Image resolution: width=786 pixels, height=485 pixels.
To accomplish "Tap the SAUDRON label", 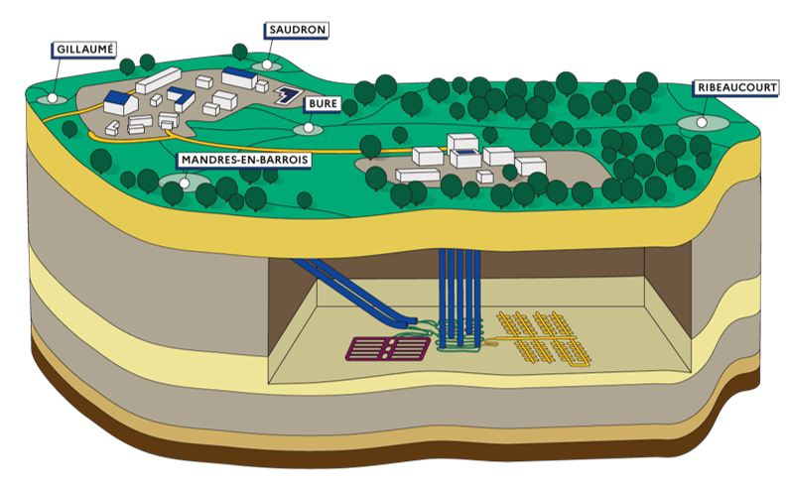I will tap(298, 31).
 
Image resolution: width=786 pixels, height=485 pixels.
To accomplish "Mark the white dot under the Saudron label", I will tap(265, 65).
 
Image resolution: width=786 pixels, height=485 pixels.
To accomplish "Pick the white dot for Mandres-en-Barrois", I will tap(186, 182).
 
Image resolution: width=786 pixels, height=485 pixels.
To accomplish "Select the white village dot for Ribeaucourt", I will tap(702, 122).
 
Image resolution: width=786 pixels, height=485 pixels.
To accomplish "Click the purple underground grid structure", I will tap(388, 348).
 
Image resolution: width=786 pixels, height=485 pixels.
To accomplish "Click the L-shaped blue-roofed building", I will tap(181, 97).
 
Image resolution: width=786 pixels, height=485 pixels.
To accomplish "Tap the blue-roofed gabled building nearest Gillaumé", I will tap(120, 100).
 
